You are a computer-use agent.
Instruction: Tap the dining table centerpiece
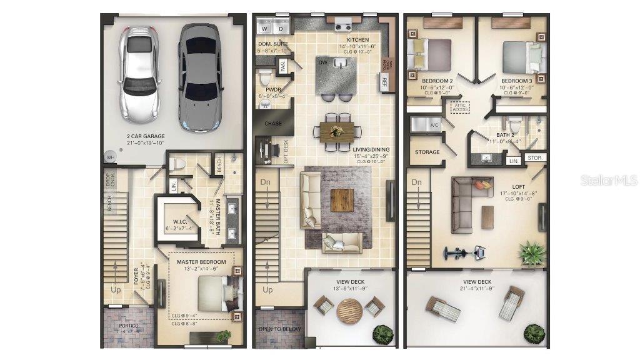click(x=338, y=131)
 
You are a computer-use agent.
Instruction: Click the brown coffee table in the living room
click(x=342, y=200)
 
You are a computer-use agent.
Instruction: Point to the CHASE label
click(x=273, y=124)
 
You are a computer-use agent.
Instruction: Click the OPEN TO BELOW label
click(x=279, y=329)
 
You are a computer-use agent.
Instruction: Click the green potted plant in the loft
click(x=531, y=252)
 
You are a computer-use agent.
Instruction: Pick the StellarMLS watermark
click(x=609, y=180)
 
